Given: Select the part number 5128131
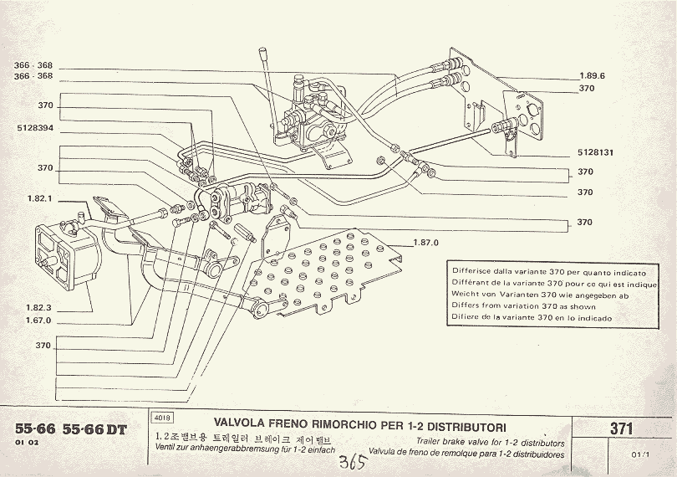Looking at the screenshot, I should point(596,153).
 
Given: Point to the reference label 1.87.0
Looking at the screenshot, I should point(425,243).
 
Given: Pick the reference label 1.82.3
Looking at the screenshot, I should point(38,308).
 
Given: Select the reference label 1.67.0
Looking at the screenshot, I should point(38,321).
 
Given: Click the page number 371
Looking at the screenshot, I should point(620,429).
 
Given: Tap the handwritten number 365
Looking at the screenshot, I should point(352,462).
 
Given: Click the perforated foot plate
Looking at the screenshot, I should point(330,268).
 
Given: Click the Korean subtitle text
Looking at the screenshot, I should point(238,438).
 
